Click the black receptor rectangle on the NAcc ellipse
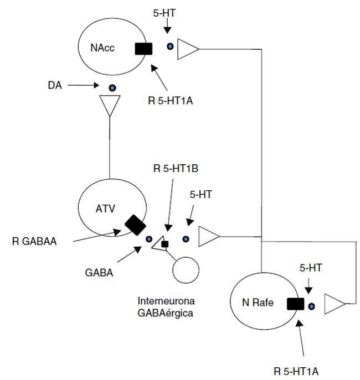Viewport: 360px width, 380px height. point(143,48)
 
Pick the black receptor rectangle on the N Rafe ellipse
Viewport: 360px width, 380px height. point(296,304)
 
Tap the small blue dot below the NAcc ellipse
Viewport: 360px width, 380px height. point(112,87)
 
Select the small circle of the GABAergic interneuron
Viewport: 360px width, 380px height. point(186,270)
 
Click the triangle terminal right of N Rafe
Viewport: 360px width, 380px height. point(335,304)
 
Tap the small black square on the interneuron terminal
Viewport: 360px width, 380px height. point(164,244)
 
